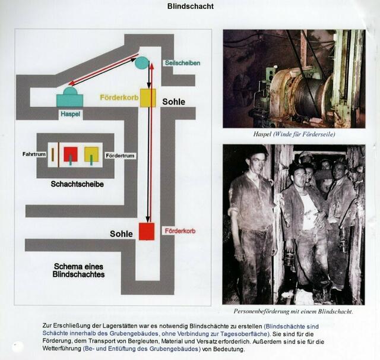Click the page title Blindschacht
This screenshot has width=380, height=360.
(191, 7)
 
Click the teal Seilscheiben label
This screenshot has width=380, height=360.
(183, 63)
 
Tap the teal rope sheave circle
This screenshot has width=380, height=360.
(142, 63)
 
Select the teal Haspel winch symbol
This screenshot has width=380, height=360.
(70, 97)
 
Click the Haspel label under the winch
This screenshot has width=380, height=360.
(70, 114)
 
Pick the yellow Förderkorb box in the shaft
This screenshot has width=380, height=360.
(148, 98)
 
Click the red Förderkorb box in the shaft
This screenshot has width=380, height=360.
(147, 232)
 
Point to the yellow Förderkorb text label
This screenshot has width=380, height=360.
(119, 97)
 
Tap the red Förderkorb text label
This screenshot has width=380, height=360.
(180, 231)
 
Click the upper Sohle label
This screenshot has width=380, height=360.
(174, 102)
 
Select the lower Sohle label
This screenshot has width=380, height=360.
(121, 234)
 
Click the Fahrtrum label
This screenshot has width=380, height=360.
(34, 154)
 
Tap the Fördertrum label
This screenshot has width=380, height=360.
(120, 156)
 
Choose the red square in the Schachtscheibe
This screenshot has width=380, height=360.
(71, 154)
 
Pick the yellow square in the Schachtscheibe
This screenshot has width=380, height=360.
(91, 154)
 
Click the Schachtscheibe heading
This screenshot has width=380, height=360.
(77, 184)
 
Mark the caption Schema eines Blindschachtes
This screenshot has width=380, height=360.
(78, 270)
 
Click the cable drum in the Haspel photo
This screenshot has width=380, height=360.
(309, 93)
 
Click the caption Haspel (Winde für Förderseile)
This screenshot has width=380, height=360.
(294, 134)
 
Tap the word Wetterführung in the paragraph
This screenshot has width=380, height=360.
(62, 349)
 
